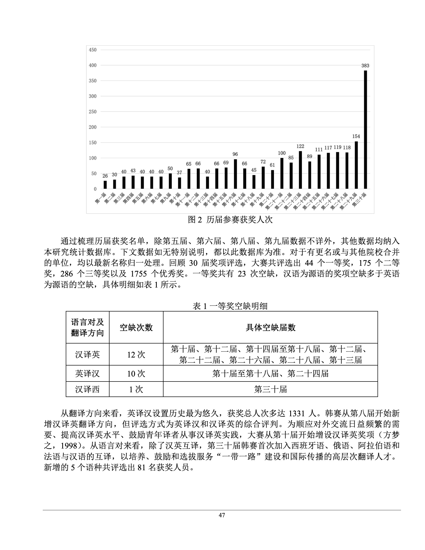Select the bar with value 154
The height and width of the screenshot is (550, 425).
[x=356, y=165]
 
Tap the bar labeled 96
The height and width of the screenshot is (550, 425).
[x=235, y=174]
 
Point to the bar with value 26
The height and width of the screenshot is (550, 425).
[x=105, y=184]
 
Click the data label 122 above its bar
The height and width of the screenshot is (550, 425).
[x=300, y=146]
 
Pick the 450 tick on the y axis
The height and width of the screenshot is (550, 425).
[x=93, y=50]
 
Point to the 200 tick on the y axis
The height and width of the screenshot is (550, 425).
[x=93, y=127]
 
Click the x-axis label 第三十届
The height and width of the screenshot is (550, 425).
[x=359, y=200]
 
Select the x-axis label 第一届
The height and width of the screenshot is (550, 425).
[x=100, y=198]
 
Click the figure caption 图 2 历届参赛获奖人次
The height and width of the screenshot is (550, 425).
[x=230, y=220]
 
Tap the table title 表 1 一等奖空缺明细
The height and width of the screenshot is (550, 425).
[x=230, y=306]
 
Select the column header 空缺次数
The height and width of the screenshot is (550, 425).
[x=136, y=327]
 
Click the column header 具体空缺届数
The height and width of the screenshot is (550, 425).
[x=270, y=327]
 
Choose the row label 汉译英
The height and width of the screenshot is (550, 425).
[x=87, y=354]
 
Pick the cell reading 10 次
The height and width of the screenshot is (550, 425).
[x=136, y=373]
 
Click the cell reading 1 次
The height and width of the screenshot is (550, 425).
[x=136, y=389]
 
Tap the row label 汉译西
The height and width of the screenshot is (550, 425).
[x=87, y=389]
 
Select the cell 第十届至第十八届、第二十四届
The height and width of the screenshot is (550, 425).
[x=270, y=373]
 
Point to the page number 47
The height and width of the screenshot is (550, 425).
[x=221, y=515]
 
